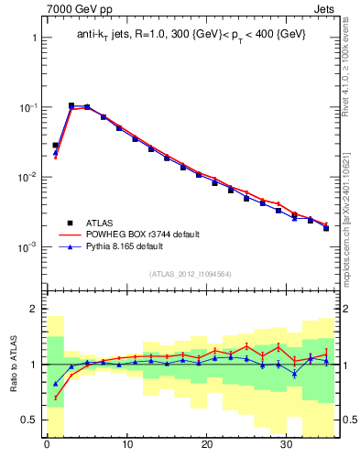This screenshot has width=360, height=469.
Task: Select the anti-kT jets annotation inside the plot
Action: [x=191, y=34]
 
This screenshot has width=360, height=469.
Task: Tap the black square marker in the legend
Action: [x=69, y=223]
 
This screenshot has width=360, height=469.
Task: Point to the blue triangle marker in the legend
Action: [x=69, y=247]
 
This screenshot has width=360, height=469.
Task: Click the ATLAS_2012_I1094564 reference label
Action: [x=190, y=273]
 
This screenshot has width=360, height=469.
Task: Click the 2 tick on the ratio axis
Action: [x=33, y=309]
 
